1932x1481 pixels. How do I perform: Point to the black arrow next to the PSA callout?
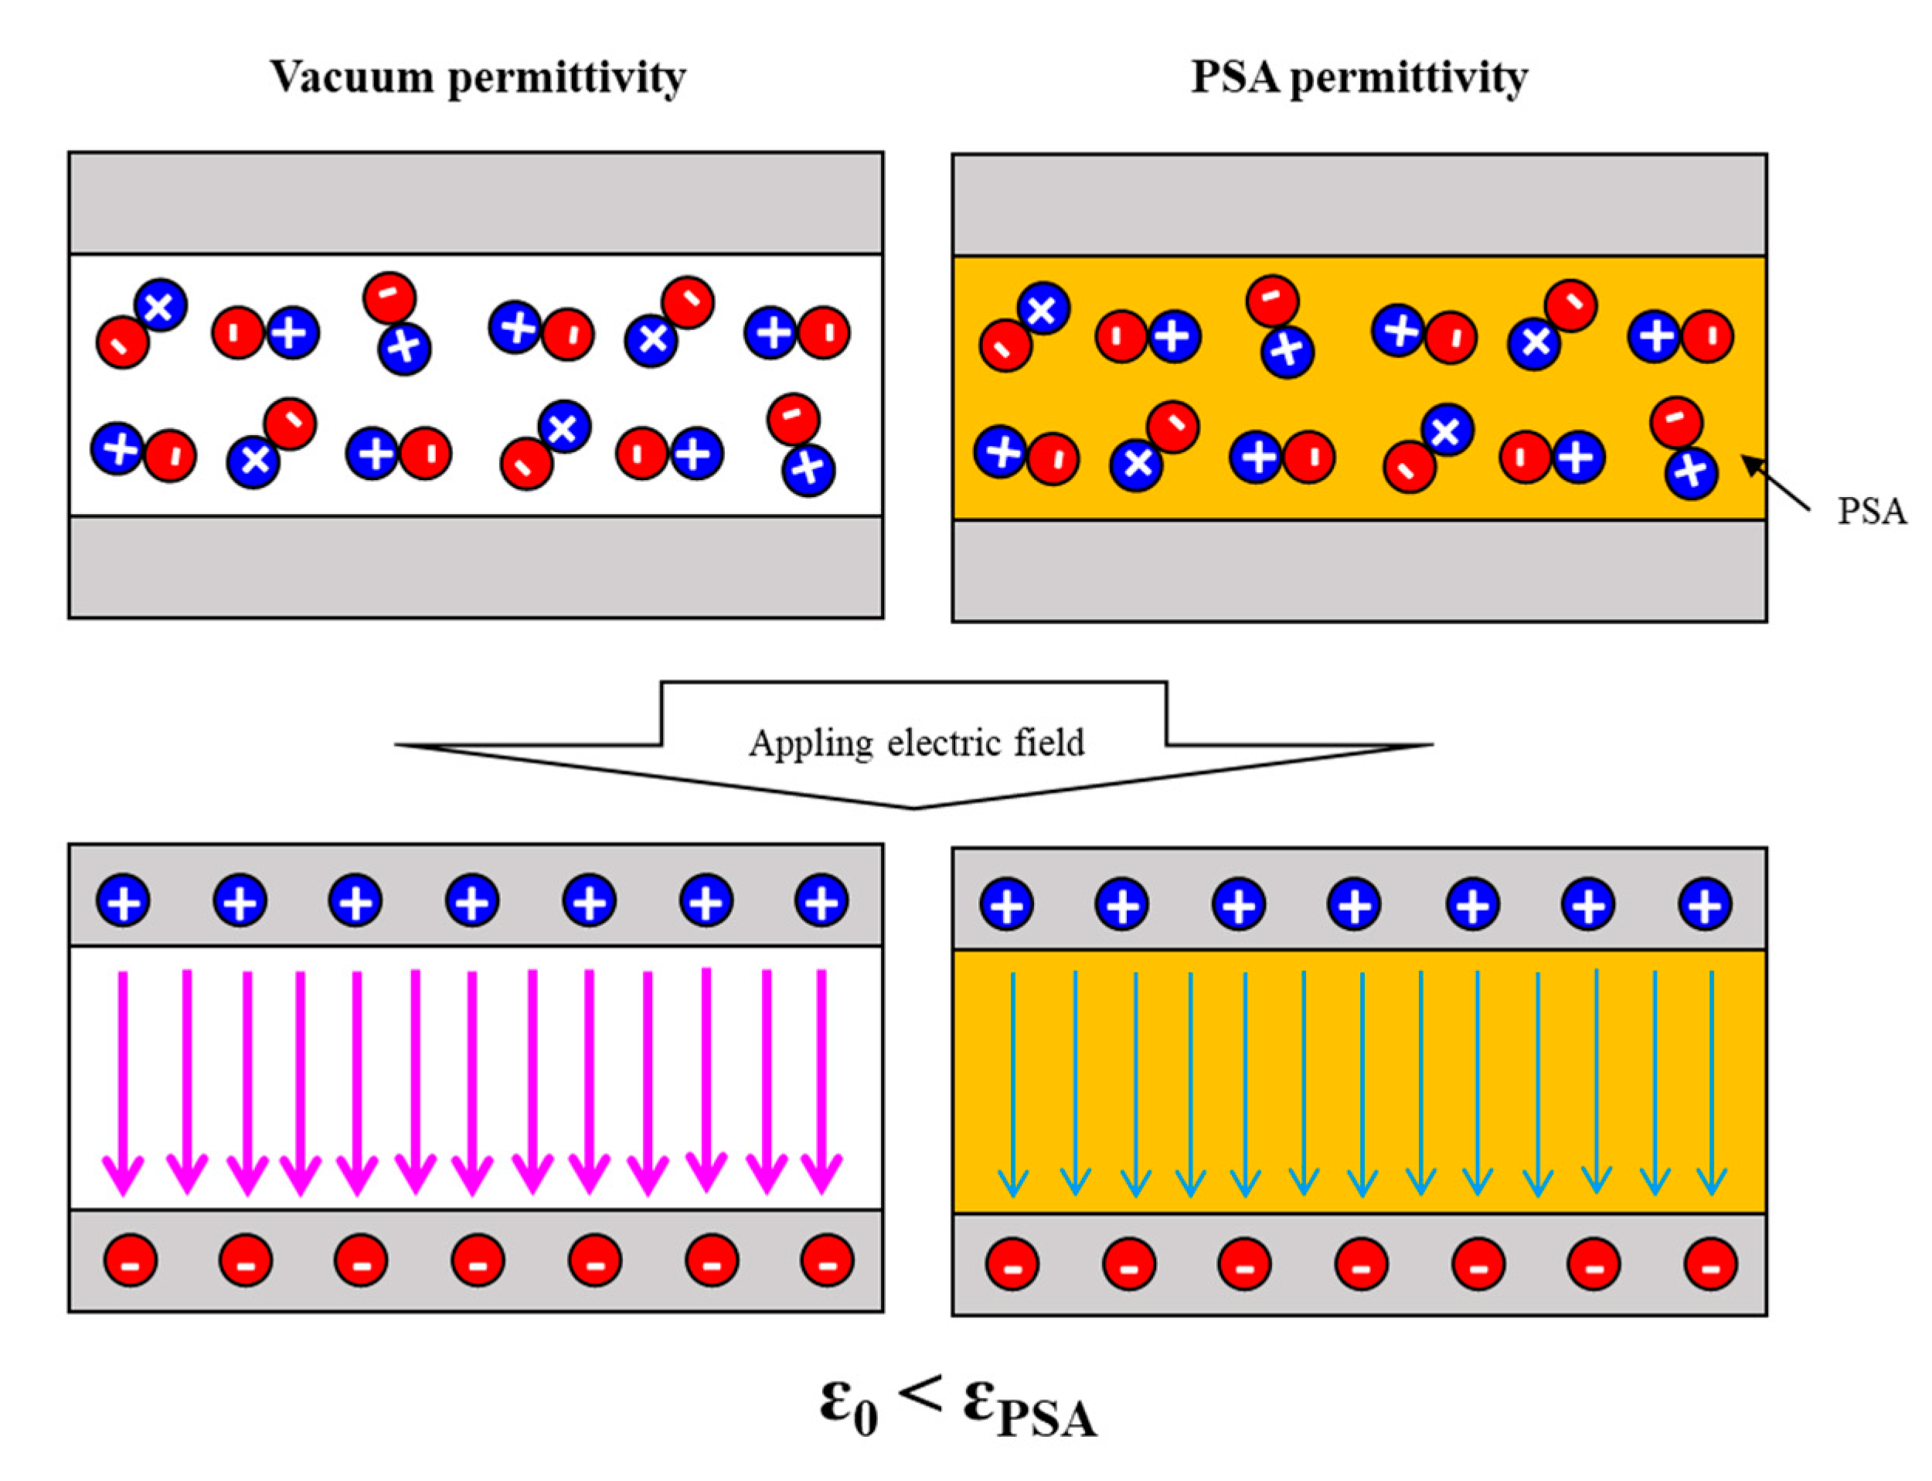(1775, 484)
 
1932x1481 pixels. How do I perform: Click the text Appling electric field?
(917, 743)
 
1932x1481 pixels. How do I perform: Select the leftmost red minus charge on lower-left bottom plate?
(131, 1261)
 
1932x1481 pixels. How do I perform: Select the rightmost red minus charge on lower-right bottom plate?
(1710, 1264)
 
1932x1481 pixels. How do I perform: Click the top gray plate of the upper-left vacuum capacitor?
(476, 203)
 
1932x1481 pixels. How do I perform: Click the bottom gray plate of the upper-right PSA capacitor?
(1359, 570)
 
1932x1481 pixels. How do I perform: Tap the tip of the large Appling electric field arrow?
(915, 805)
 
